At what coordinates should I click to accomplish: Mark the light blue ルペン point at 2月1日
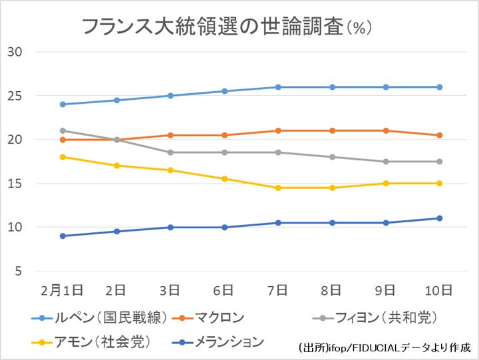pyautogui.click(x=63, y=104)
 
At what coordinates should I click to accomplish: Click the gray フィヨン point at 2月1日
pyautogui.click(x=63, y=130)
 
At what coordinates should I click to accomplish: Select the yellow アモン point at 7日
pyautogui.click(x=278, y=188)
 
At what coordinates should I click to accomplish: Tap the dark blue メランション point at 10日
pyautogui.click(x=440, y=218)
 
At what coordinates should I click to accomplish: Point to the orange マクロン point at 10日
pyautogui.click(x=440, y=135)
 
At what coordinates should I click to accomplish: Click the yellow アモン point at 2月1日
pyautogui.click(x=63, y=157)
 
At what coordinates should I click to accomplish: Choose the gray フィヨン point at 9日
pyautogui.click(x=386, y=162)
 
